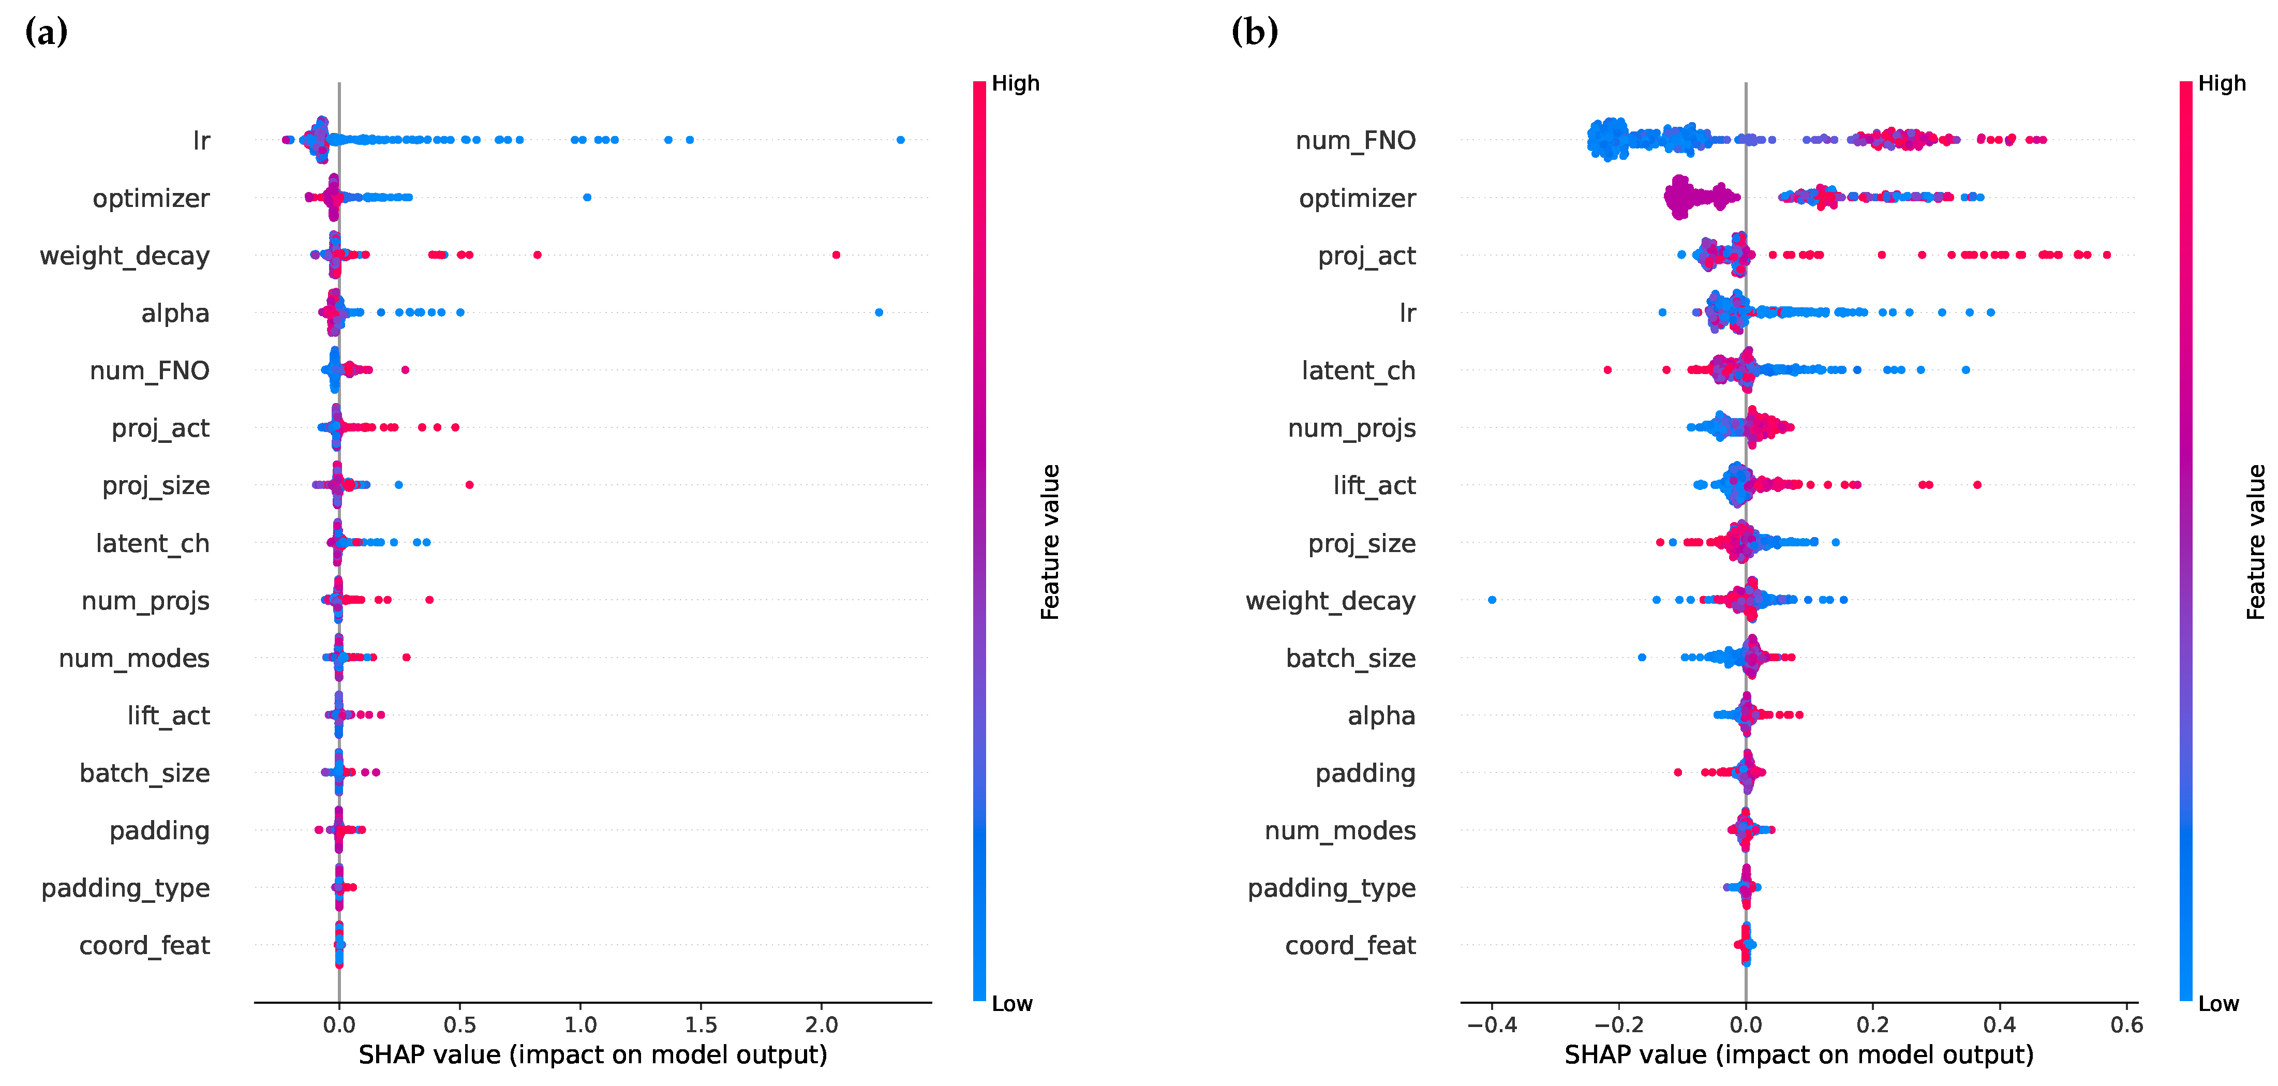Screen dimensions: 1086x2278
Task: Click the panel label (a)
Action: coord(46,33)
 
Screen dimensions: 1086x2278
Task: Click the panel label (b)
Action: coord(1254,33)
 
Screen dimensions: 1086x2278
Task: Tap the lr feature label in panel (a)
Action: coord(201,141)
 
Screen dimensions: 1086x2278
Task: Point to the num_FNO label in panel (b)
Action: coord(1355,141)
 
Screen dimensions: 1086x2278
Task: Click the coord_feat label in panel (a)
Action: coord(144,945)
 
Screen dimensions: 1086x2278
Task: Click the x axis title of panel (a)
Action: coord(592,1055)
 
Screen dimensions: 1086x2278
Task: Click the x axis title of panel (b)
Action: coord(1799,1055)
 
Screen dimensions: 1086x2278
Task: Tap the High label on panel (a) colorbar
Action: coord(1015,84)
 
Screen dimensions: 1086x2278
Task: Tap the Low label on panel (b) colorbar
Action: coord(2218,1004)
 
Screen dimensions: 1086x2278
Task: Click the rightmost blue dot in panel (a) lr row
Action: coord(900,140)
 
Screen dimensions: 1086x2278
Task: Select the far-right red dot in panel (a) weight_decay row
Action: coord(836,255)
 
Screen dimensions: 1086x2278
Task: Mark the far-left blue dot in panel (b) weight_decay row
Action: coord(1492,600)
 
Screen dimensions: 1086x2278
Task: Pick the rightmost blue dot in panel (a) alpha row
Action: coord(878,312)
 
